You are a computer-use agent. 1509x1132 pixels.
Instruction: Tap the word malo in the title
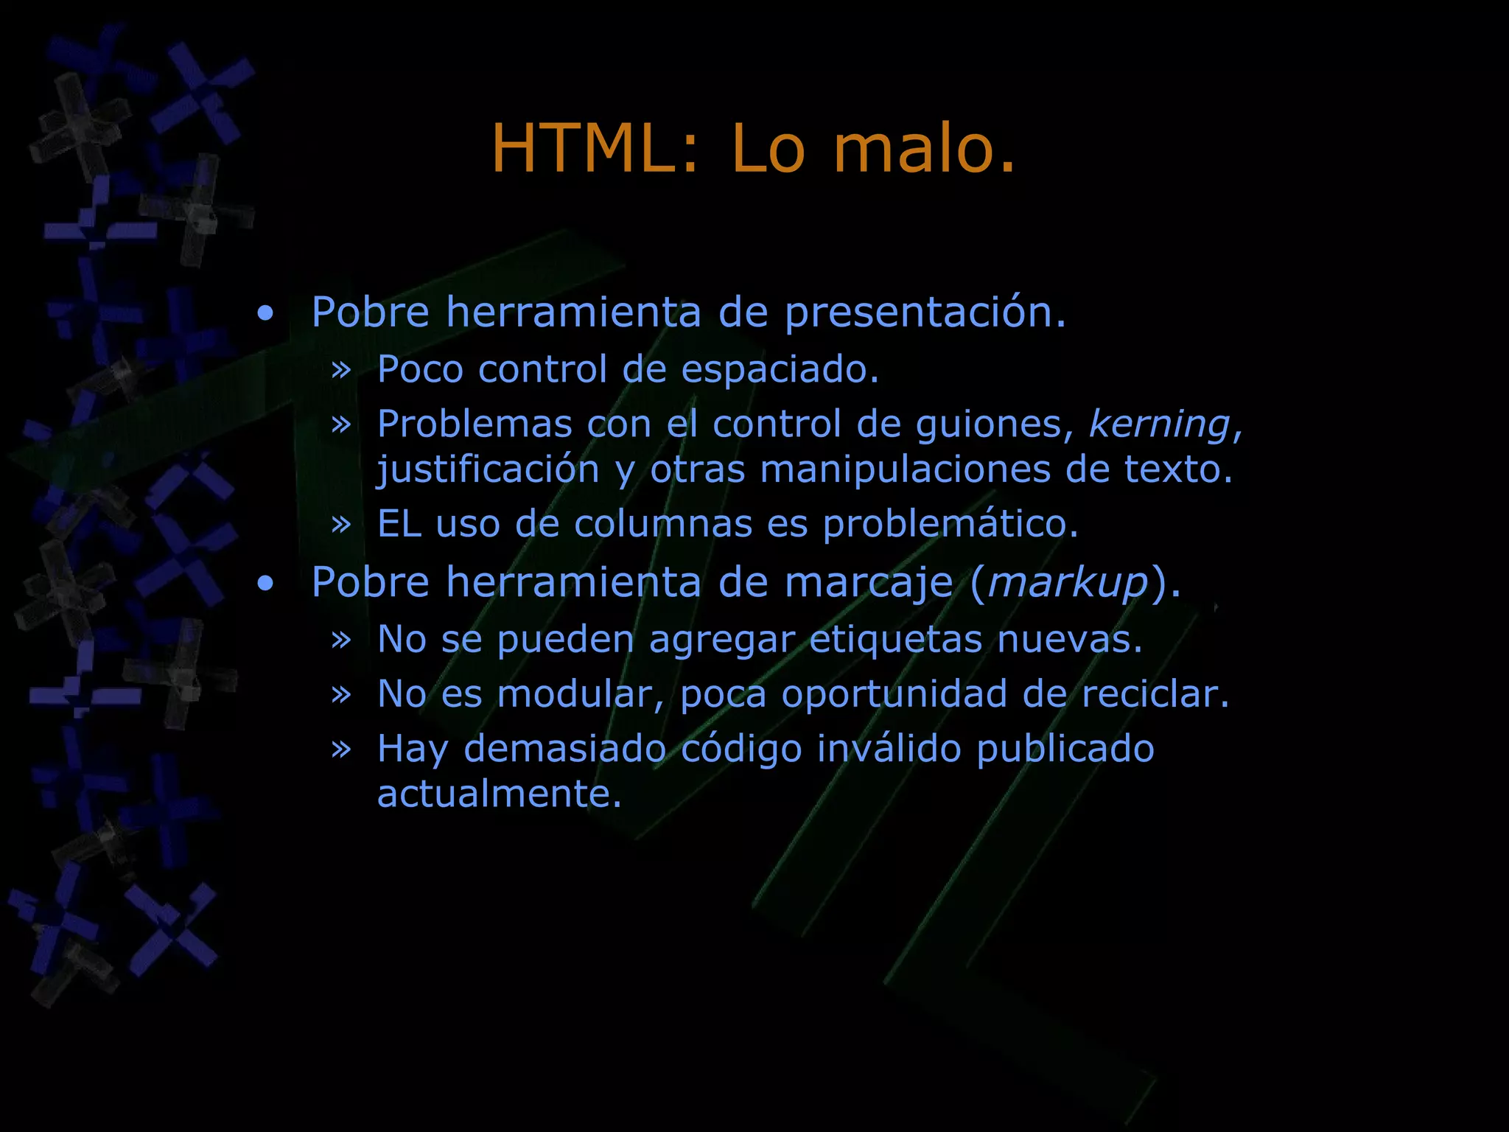click(x=924, y=149)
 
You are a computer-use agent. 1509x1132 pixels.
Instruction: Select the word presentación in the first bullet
click(x=925, y=313)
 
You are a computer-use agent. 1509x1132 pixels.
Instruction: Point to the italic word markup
click(x=1068, y=583)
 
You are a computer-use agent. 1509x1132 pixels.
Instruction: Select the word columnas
click(x=663, y=525)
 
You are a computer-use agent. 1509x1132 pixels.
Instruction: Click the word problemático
click(x=950, y=525)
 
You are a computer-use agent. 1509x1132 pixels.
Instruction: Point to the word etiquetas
click(x=896, y=639)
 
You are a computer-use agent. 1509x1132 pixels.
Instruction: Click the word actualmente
click(x=500, y=794)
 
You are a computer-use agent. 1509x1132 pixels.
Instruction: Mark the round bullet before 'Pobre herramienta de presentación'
click(x=265, y=314)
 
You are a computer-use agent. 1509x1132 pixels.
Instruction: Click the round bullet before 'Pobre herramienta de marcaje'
click(x=265, y=584)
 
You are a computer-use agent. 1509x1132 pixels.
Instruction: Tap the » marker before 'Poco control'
click(x=341, y=370)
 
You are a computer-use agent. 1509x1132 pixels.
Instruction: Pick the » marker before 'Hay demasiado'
click(x=341, y=750)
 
